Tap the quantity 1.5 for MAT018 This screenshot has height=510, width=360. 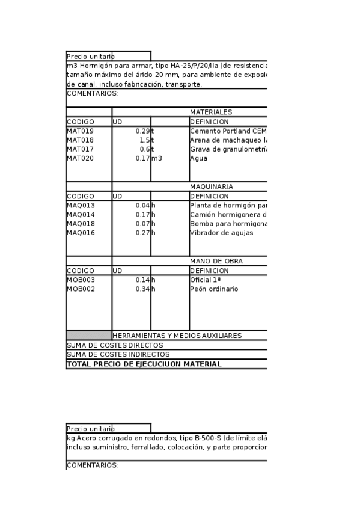(144, 140)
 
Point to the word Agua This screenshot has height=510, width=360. (198, 158)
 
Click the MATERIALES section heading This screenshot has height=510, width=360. (211, 112)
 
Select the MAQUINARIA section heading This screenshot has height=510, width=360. (211, 186)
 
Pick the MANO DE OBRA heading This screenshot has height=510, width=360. (212, 261)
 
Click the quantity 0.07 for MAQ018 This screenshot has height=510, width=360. (142, 224)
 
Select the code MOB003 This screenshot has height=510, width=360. (81, 280)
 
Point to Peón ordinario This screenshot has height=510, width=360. (214, 289)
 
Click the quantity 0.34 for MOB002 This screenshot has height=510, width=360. (142, 289)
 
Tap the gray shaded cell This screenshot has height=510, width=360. (89, 336)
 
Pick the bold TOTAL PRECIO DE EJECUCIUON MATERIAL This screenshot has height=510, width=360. (144, 364)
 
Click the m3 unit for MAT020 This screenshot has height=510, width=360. (157, 158)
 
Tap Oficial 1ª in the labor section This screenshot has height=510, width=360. (206, 280)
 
